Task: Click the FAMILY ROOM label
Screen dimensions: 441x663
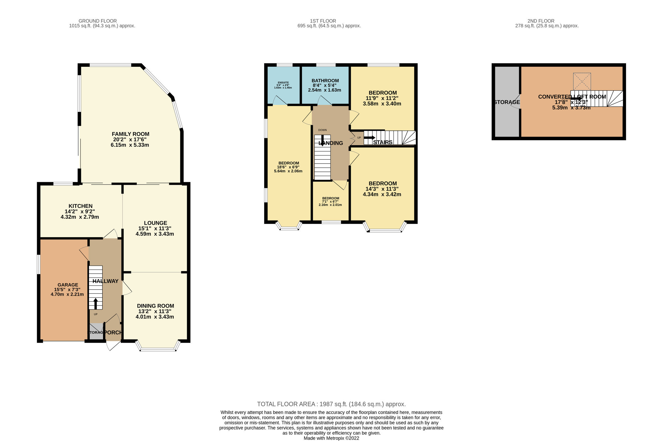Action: coord(130,134)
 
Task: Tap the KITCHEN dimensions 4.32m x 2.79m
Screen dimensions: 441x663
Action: coord(80,217)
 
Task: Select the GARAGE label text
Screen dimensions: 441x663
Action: coord(68,285)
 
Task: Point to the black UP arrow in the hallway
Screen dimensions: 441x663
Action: coord(96,304)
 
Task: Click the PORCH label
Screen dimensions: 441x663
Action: coord(113,332)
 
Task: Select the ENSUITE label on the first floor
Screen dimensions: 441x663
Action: coord(283,83)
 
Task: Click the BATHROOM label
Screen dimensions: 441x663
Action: coord(325,81)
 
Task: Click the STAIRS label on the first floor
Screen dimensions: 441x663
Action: coord(383,143)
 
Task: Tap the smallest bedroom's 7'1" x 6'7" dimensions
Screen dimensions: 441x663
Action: coord(330,202)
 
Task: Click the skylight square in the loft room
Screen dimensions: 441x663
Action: coord(582,82)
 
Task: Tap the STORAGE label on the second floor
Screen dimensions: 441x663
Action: coord(507,102)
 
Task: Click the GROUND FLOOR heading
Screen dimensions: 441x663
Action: coord(98,21)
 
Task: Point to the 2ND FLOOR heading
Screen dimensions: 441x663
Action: coord(541,21)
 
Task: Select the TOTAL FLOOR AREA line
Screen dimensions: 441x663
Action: coord(331,404)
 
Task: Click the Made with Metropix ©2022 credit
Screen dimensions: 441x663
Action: coord(331,438)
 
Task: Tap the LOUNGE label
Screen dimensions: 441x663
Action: coord(156,223)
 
